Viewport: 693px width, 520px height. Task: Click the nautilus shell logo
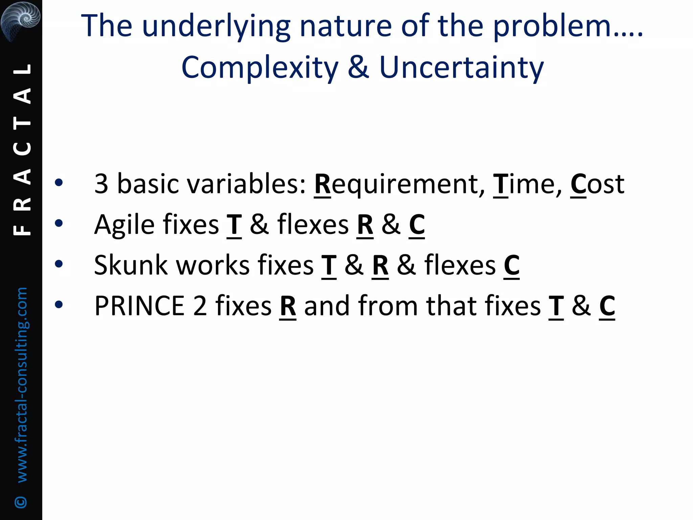coord(20,20)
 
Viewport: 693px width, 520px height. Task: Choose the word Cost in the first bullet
coord(597,185)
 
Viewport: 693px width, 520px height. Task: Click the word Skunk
coord(131,265)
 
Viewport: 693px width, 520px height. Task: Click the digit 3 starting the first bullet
coord(101,185)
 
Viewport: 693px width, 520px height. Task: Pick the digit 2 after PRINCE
coord(200,306)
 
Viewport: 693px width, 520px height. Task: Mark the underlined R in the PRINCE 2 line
coord(288,306)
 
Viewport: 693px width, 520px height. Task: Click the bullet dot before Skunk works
coord(59,264)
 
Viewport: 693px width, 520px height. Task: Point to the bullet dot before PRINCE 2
coord(59,305)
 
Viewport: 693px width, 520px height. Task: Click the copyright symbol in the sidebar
coord(21,502)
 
